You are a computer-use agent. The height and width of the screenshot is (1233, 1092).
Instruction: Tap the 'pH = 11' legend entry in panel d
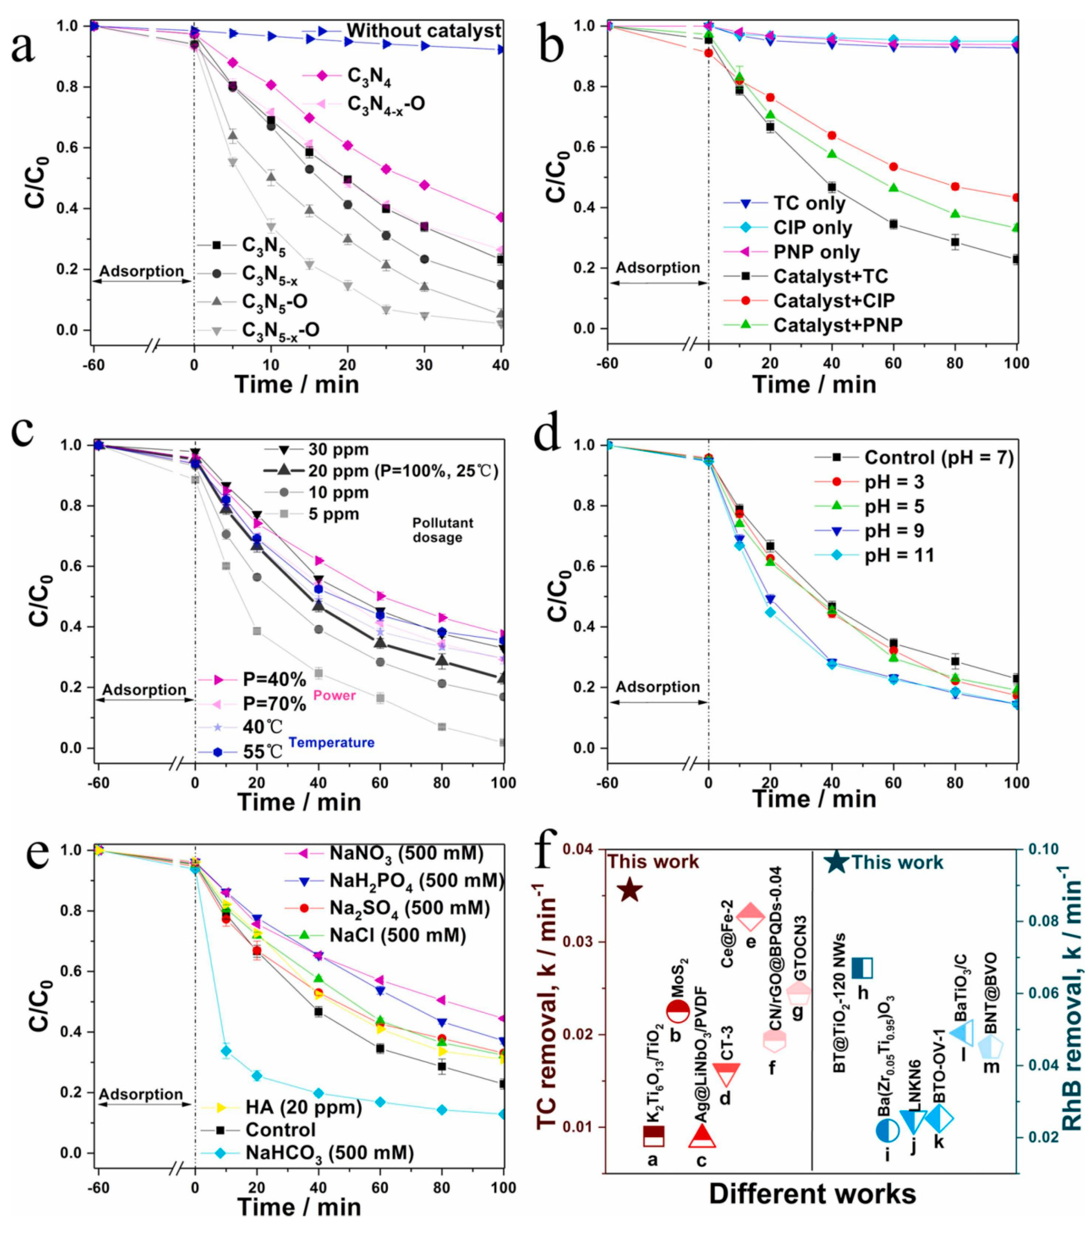tap(899, 555)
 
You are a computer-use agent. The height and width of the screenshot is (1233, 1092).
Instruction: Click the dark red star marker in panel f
tap(630, 890)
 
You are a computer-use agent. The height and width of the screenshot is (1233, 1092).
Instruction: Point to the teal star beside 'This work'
tap(836, 862)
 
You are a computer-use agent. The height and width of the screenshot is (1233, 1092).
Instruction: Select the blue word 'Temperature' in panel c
tap(332, 743)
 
